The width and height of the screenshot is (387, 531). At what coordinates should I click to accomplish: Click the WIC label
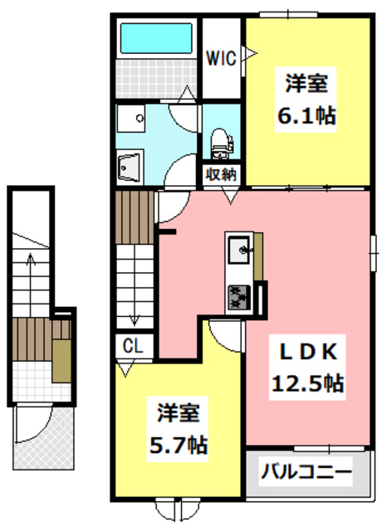coord(221,58)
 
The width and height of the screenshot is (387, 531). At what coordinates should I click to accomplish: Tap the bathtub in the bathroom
coord(156,38)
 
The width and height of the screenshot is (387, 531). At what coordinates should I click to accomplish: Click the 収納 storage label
coord(221,175)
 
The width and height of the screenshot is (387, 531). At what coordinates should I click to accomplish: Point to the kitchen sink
coord(239,251)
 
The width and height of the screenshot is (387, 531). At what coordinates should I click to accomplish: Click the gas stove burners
coord(239,297)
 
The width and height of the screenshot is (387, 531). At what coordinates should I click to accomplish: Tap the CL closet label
coord(133,346)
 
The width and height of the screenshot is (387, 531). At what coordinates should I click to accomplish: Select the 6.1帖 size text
coord(306,116)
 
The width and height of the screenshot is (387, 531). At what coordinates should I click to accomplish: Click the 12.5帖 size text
coord(308,383)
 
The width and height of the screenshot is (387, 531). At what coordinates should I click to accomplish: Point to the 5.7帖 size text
coord(179,446)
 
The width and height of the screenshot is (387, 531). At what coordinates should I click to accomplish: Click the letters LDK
coord(308,352)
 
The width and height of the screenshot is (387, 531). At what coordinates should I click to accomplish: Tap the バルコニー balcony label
coord(306,472)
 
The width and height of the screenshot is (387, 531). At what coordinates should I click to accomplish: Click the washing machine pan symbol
coord(131,119)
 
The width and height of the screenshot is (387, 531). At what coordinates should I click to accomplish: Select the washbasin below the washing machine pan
coord(130,168)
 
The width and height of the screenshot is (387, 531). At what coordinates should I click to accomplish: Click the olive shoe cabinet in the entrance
coord(61,361)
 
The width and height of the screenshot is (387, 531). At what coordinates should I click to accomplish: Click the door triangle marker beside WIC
coord(250,53)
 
